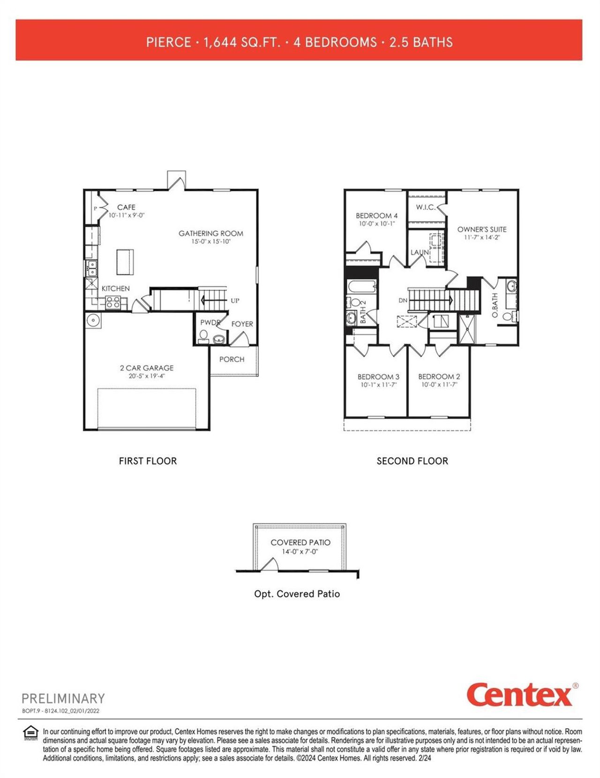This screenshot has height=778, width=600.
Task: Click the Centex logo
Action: (x=519, y=694)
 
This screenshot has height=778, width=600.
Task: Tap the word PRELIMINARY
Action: (x=63, y=698)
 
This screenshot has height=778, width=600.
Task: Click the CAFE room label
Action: (x=126, y=207)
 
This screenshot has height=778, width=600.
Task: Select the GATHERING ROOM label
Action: (x=211, y=233)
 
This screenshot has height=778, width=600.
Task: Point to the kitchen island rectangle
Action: (x=125, y=261)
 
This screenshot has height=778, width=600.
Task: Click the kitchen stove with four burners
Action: (x=113, y=302)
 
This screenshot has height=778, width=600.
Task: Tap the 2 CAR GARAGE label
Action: (x=147, y=368)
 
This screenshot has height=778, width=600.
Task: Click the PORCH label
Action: (x=232, y=359)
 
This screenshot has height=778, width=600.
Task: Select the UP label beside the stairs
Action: (x=235, y=301)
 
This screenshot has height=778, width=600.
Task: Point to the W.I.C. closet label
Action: (x=426, y=207)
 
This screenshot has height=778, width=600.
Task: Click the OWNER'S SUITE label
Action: (x=482, y=229)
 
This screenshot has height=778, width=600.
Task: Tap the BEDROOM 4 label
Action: (x=376, y=215)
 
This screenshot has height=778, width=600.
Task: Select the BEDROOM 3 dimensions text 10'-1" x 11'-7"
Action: (x=379, y=385)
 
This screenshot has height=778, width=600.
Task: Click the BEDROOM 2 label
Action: (x=439, y=376)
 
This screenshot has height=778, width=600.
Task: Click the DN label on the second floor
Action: (x=403, y=300)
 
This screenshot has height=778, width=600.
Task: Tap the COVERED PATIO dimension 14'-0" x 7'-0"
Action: (x=300, y=552)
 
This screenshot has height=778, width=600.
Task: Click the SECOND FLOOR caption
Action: (x=412, y=461)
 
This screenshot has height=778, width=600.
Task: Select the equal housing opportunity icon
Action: (x=31, y=732)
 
